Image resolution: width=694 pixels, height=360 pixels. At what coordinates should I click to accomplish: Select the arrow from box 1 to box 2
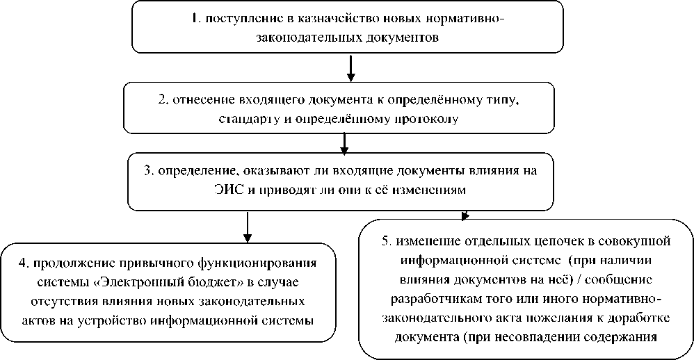pyautogui.click(x=351, y=67)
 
